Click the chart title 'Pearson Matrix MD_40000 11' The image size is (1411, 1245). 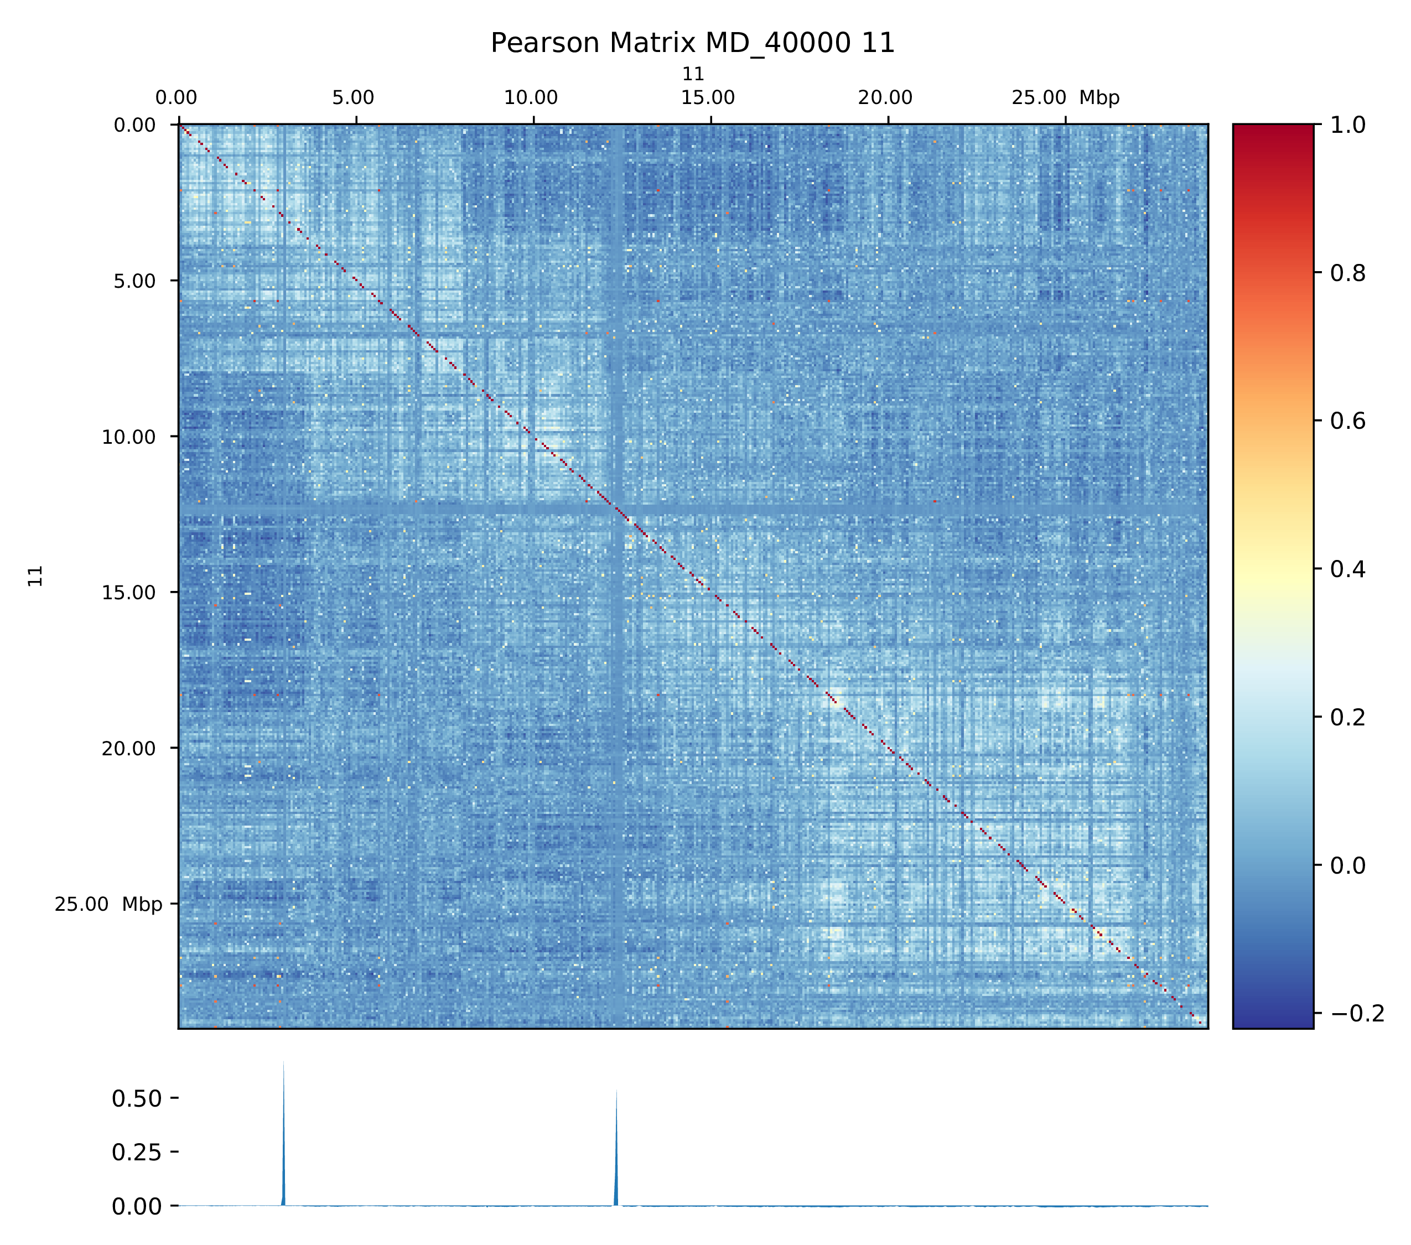point(692,43)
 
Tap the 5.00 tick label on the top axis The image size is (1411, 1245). point(353,98)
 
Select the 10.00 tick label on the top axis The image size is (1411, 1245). point(531,98)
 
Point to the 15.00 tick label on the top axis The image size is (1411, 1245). point(708,98)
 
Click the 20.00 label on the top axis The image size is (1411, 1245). point(886,98)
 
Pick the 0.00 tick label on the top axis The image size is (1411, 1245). point(176,98)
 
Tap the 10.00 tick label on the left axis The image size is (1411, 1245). point(129,437)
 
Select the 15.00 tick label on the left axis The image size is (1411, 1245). point(129,593)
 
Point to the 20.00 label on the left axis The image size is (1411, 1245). point(129,749)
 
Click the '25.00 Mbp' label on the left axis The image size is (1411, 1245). point(108,905)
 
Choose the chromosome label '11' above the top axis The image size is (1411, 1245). point(693,74)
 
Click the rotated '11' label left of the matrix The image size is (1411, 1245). point(36,576)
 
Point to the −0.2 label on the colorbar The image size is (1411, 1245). point(1357,1013)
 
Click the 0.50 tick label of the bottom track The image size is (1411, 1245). point(137,1099)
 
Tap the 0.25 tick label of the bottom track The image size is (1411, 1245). point(137,1153)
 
